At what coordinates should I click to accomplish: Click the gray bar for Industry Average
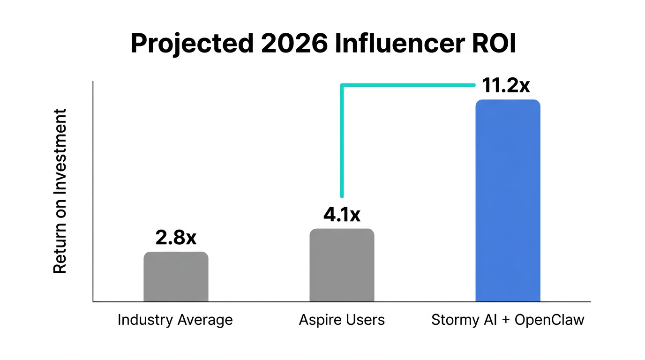point(176,277)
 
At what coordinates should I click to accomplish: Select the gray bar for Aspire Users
point(342,265)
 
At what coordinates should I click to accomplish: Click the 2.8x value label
point(176,238)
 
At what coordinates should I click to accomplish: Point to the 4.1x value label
point(342,215)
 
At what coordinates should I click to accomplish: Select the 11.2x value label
point(506,86)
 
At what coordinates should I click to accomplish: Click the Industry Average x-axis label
point(175,320)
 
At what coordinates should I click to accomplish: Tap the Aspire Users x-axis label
point(342,320)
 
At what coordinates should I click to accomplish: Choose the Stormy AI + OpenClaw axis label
point(508,320)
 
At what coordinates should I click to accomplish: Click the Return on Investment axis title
point(60,191)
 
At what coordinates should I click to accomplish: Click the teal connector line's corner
point(342,85)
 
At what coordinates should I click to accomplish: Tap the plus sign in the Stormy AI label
point(505,321)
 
